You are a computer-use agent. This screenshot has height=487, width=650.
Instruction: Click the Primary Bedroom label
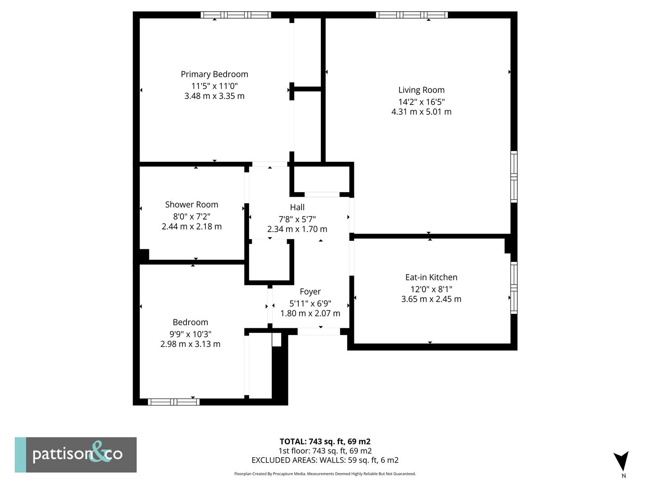click(214, 74)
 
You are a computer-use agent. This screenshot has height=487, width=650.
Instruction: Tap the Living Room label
click(421, 90)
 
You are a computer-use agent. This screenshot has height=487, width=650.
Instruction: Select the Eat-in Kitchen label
click(431, 277)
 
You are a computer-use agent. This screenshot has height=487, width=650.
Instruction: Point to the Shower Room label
click(191, 204)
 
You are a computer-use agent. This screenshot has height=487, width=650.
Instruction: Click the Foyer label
click(310, 292)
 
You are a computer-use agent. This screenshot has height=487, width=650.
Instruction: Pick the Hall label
click(297, 207)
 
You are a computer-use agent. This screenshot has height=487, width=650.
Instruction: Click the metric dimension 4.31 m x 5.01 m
click(421, 112)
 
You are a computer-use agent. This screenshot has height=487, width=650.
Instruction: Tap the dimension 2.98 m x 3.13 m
click(190, 344)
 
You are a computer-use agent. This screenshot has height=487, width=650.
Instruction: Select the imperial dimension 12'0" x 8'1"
click(431, 289)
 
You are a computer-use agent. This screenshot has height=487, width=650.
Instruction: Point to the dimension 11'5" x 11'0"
click(214, 86)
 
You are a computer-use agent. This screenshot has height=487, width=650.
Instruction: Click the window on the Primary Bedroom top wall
click(236, 15)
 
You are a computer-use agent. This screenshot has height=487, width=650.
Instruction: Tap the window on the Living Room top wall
click(412, 15)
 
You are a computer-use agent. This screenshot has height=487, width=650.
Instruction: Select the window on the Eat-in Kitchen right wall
click(514, 288)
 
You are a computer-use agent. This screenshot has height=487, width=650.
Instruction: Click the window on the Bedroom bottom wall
click(173, 402)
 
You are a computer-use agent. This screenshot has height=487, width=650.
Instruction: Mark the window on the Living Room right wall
click(514, 177)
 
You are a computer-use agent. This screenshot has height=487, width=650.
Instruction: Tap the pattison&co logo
click(76, 455)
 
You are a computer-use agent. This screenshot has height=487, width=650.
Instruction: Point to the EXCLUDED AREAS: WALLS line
click(325, 460)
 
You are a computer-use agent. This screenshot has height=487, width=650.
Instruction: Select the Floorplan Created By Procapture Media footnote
click(325, 473)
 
